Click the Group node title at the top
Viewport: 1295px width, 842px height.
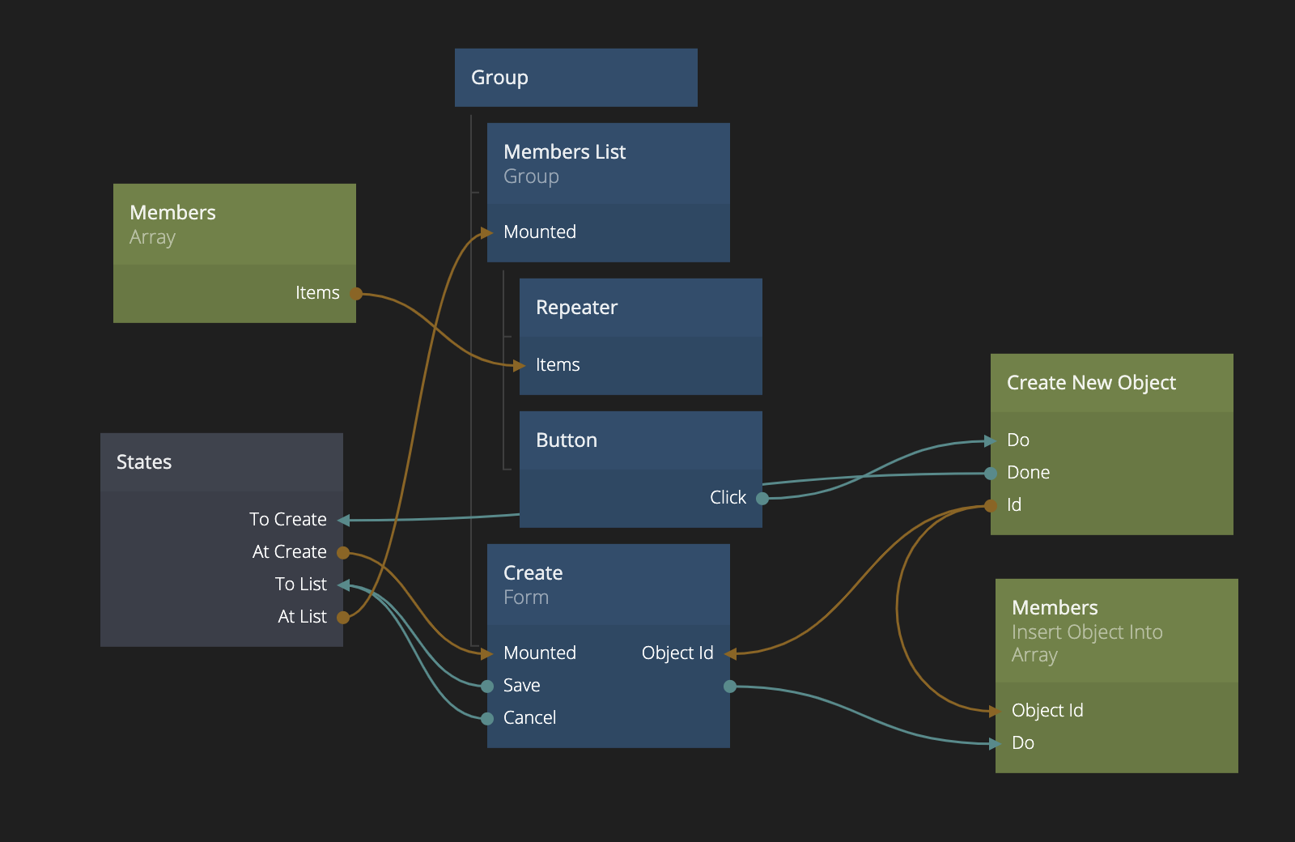[x=499, y=78]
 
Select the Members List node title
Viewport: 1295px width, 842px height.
[x=564, y=152]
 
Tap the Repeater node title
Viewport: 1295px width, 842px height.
[x=576, y=308]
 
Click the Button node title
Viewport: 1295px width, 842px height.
[x=567, y=440]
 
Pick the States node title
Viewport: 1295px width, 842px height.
[x=144, y=462]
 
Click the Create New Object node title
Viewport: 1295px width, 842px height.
[x=1091, y=383]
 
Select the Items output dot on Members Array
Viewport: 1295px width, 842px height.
[x=355, y=294]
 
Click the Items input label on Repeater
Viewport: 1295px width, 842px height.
[x=558, y=365]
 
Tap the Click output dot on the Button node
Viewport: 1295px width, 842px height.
[x=762, y=499]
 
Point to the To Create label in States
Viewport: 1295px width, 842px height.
[x=288, y=520]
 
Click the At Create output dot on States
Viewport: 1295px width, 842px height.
[x=343, y=553]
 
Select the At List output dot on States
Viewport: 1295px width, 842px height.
[x=343, y=618]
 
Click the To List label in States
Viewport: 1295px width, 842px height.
[x=300, y=585]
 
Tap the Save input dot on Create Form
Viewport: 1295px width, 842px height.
[x=487, y=687]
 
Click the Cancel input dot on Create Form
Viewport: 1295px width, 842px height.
[x=487, y=719]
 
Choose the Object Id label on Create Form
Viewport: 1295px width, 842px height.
[x=677, y=653]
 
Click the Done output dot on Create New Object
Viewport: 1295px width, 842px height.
[x=991, y=474]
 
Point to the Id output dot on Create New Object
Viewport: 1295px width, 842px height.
[x=991, y=506]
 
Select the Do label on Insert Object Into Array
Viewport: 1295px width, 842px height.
[x=1023, y=743]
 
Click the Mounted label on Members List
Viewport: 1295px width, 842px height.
[x=540, y=232]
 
